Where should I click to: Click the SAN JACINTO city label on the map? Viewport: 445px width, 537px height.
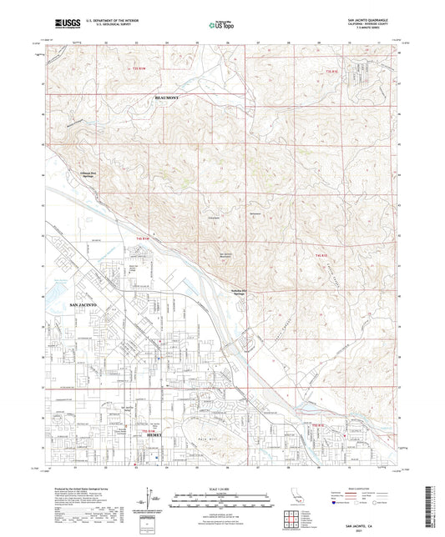(82, 306)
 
